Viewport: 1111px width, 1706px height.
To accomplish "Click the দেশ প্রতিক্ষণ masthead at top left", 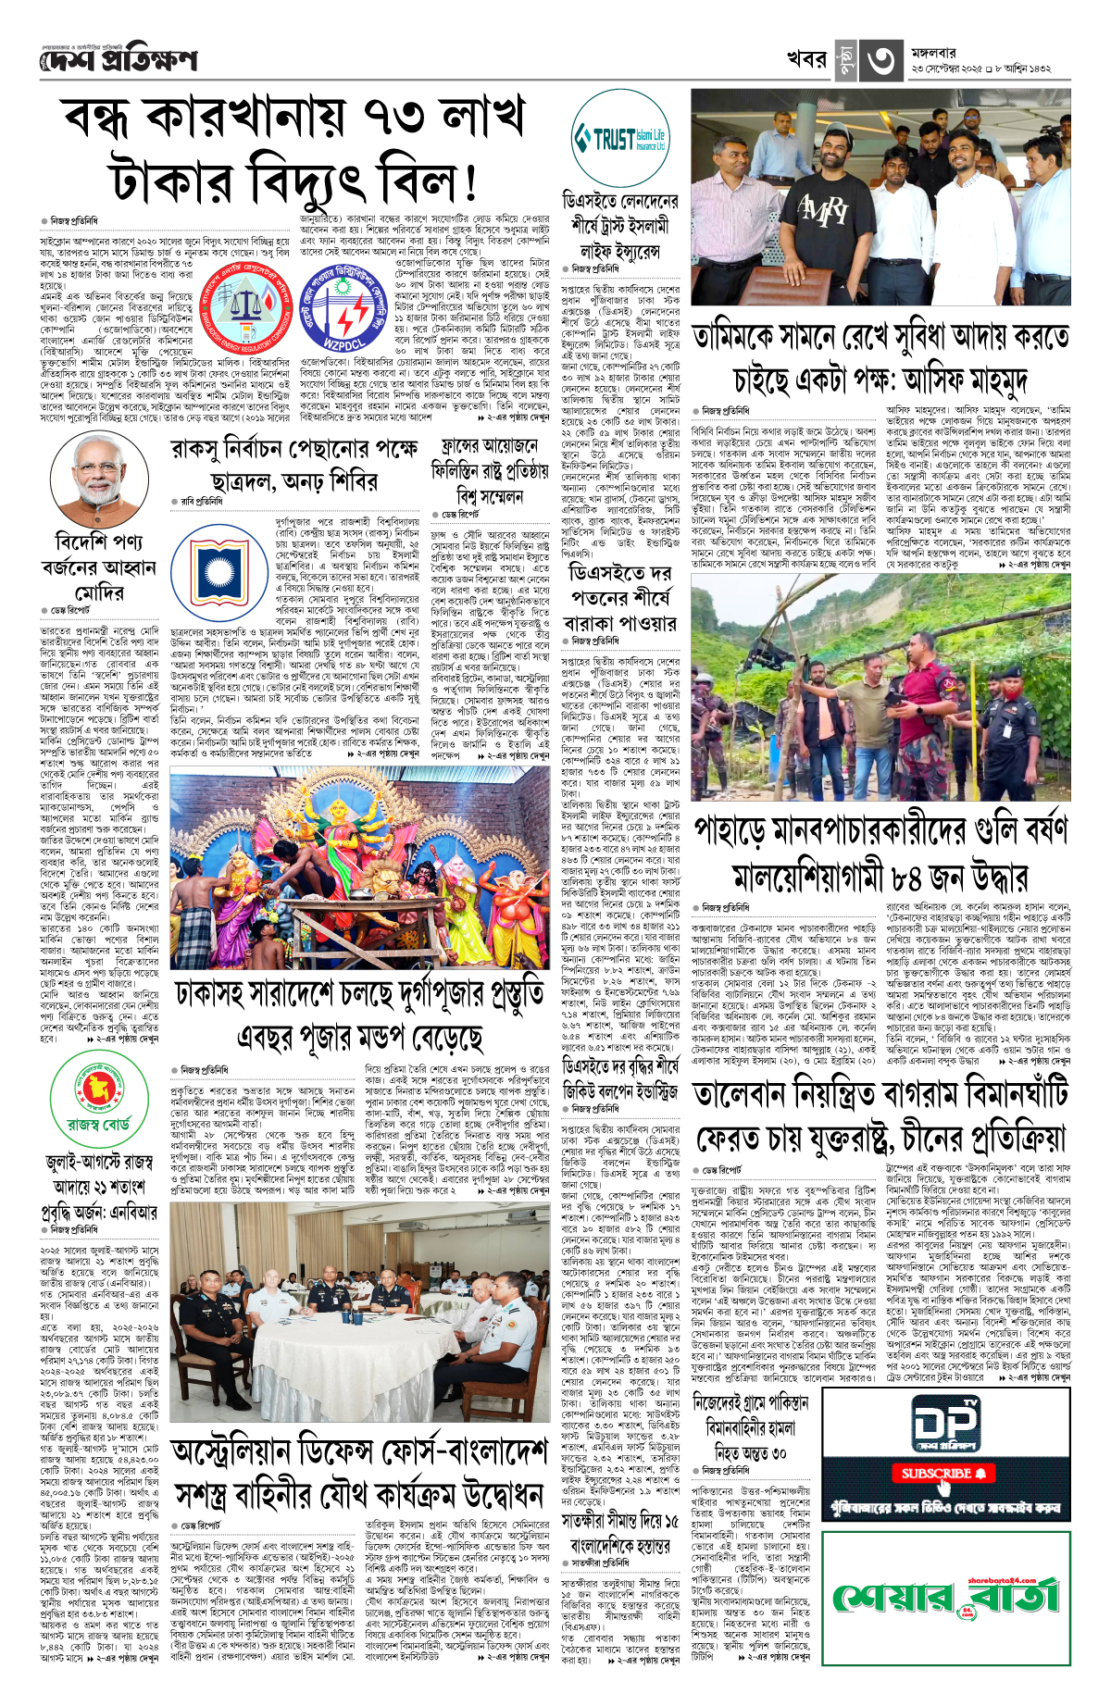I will pyautogui.click(x=119, y=61).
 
